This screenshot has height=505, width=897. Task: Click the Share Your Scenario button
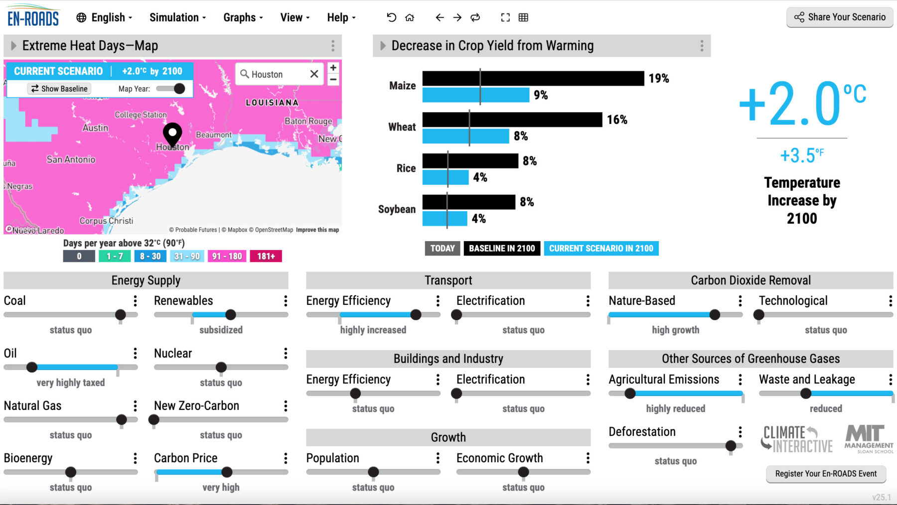coord(840,17)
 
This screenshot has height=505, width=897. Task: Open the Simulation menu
coord(177,17)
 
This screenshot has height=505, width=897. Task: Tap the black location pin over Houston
coord(172,134)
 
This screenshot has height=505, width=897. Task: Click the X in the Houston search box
coord(314,74)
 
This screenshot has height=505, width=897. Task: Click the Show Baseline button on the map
coord(59,89)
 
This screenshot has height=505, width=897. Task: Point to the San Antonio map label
coord(71,159)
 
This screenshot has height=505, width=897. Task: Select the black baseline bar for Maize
coord(533,78)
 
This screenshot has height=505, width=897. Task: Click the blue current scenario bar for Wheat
coord(465,136)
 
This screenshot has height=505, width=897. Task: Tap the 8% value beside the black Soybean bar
coord(527,202)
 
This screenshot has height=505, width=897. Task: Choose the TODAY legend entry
coord(443,248)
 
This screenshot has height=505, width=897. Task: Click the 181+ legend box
coord(266,256)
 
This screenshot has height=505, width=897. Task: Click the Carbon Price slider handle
coord(227,472)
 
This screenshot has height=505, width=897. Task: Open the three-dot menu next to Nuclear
coord(286,354)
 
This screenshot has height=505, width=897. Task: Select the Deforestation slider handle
coord(731,446)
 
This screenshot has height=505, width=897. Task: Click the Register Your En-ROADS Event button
coord(826,474)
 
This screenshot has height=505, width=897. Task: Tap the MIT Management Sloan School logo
coord(869,439)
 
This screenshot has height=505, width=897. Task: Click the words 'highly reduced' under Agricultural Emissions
coord(675,409)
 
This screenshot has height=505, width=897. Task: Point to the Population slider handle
coord(373,472)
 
